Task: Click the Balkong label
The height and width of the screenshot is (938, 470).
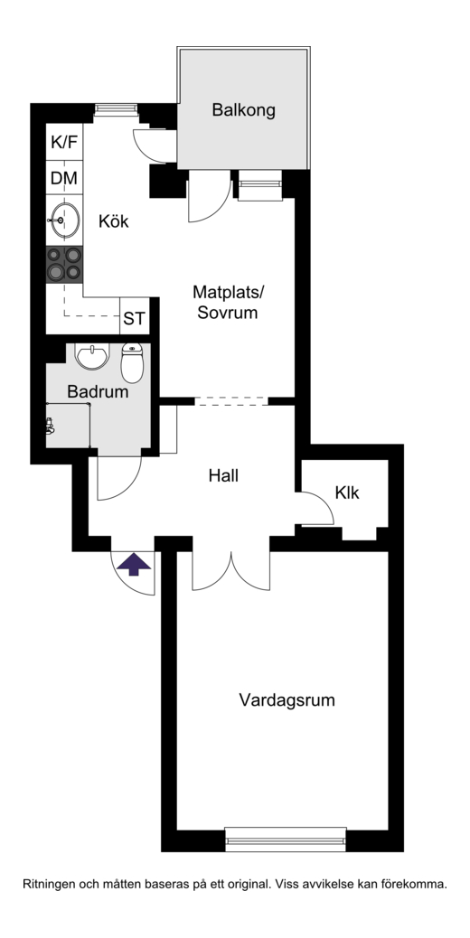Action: (243, 110)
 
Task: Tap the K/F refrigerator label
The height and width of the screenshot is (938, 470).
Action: (64, 143)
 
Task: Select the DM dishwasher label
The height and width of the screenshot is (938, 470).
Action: (64, 178)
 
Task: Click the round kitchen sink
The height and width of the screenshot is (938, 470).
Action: (64, 220)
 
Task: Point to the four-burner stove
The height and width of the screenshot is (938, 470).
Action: (64, 264)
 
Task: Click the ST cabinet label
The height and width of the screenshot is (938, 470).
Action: (134, 319)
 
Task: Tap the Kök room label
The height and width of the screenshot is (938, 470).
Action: (114, 221)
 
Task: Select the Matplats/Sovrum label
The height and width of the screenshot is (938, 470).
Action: (228, 302)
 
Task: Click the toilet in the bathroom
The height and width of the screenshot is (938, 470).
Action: (132, 362)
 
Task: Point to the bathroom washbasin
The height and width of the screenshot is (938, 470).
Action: (93, 357)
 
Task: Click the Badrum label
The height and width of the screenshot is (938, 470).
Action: (98, 392)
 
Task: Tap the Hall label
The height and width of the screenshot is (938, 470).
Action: (223, 476)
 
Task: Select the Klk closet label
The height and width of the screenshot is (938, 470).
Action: (347, 492)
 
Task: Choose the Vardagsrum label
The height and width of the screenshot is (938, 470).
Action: (287, 700)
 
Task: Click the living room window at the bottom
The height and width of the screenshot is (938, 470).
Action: (286, 840)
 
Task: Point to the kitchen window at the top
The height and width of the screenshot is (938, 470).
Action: (116, 108)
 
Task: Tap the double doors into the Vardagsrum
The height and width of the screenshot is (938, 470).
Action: (230, 571)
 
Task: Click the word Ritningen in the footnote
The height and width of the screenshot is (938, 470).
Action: (50, 884)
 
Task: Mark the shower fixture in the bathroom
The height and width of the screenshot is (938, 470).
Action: (51, 426)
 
